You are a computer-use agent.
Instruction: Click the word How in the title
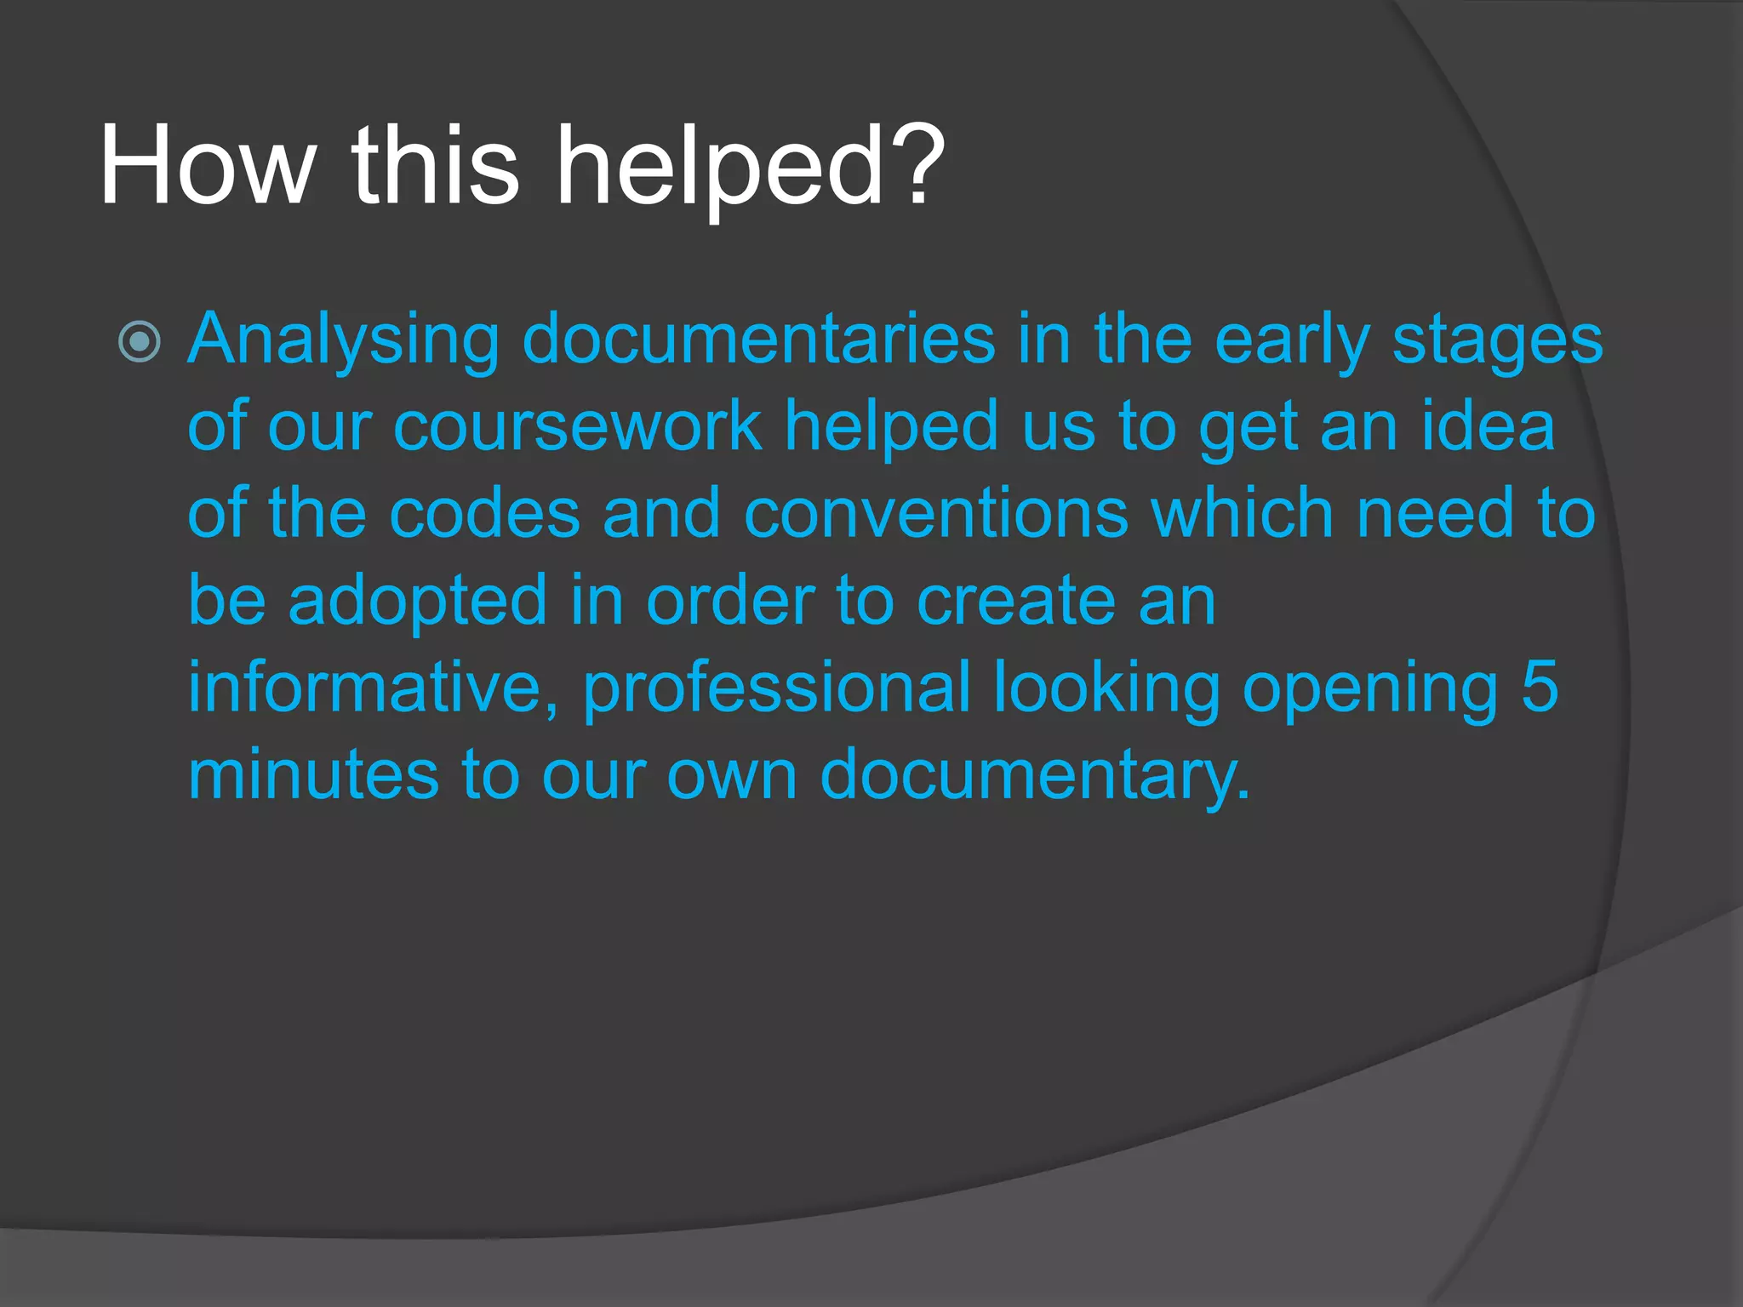click(x=207, y=165)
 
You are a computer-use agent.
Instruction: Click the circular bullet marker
click(x=140, y=343)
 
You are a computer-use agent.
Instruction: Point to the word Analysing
click(x=343, y=340)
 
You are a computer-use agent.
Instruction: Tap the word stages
click(x=1497, y=340)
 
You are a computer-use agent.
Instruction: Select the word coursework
click(x=577, y=426)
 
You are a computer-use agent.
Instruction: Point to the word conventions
click(x=935, y=514)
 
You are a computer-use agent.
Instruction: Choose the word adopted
click(x=417, y=601)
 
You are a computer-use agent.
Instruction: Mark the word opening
click(x=1369, y=688)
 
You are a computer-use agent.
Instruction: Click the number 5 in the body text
click(x=1540, y=688)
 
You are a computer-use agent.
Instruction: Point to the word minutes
click(x=313, y=774)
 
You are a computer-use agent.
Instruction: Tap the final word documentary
click(x=1033, y=774)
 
